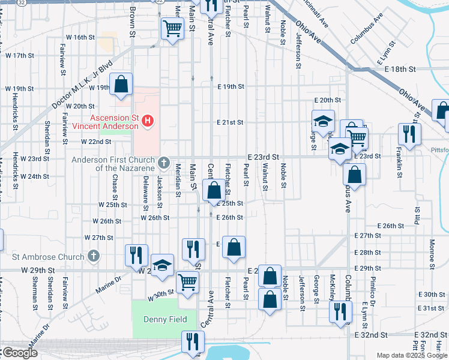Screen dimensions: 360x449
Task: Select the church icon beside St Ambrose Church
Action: [x=93, y=257]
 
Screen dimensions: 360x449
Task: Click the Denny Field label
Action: [x=165, y=319]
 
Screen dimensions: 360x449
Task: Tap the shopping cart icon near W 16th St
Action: [x=172, y=28]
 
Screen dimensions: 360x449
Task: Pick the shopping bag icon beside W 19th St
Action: [x=121, y=85]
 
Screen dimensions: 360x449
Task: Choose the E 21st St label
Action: [x=231, y=122]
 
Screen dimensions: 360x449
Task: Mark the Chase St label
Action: [x=115, y=190]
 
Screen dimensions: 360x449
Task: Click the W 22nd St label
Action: [x=96, y=142]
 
